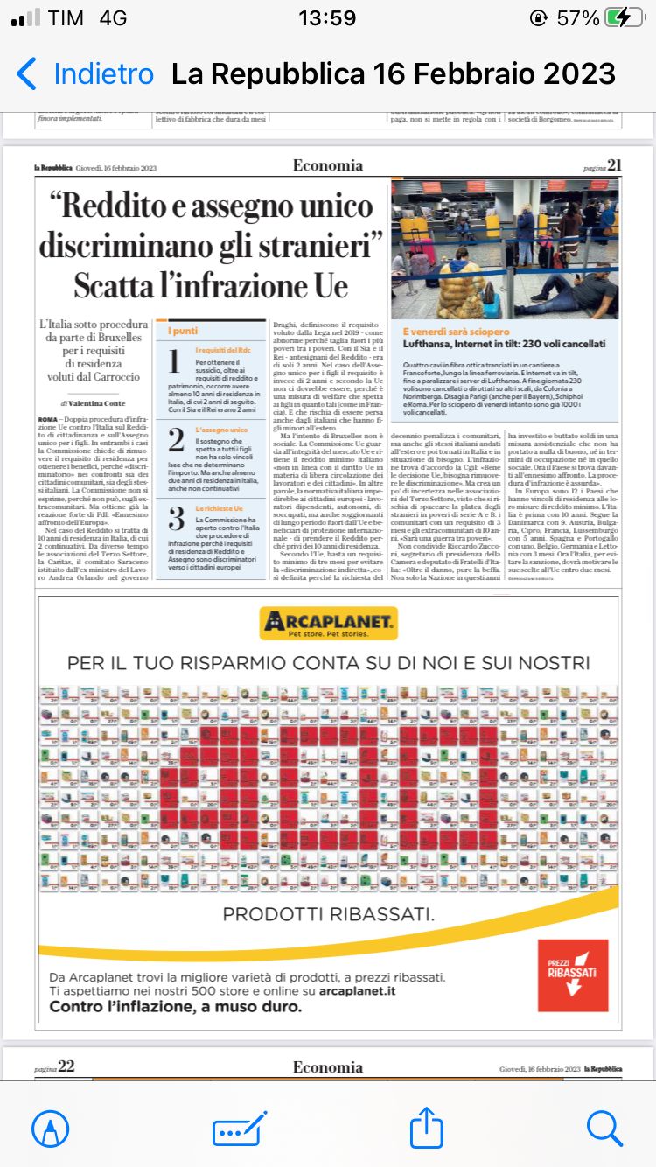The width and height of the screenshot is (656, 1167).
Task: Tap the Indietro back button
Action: click(x=86, y=74)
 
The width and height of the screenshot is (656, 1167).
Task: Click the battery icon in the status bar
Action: click(x=629, y=18)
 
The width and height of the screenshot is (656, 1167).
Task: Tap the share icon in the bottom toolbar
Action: click(x=426, y=1128)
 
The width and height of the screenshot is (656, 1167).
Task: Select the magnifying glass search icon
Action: click(x=604, y=1128)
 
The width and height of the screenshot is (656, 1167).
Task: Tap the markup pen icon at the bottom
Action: click(x=51, y=1128)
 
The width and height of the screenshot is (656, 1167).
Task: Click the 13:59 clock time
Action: click(x=327, y=18)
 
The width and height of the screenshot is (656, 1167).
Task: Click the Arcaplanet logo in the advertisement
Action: click(x=328, y=623)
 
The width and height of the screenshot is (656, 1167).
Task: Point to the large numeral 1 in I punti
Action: click(x=173, y=361)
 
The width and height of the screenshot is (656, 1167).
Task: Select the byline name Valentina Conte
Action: click(x=99, y=404)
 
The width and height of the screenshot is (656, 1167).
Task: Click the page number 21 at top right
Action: click(x=614, y=165)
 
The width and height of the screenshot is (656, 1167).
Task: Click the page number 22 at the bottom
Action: click(x=66, y=1066)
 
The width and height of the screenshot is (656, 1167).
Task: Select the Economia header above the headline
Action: click(x=328, y=165)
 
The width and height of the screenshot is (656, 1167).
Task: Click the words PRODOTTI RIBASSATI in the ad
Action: click(x=328, y=915)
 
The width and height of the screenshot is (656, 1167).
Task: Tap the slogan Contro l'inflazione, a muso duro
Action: click(x=176, y=1007)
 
